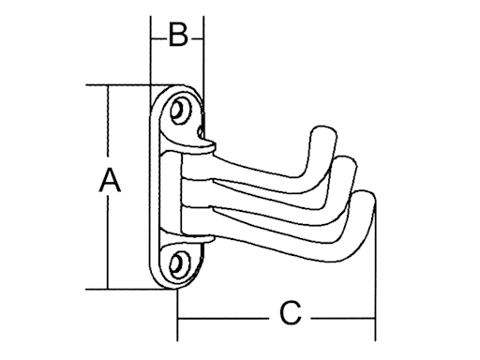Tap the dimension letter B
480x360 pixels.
[178, 37]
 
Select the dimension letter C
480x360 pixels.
[291, 312]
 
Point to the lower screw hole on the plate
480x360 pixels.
[181, 260]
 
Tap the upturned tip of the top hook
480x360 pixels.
[322, 136]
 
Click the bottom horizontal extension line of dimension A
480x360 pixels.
[131, 289]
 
